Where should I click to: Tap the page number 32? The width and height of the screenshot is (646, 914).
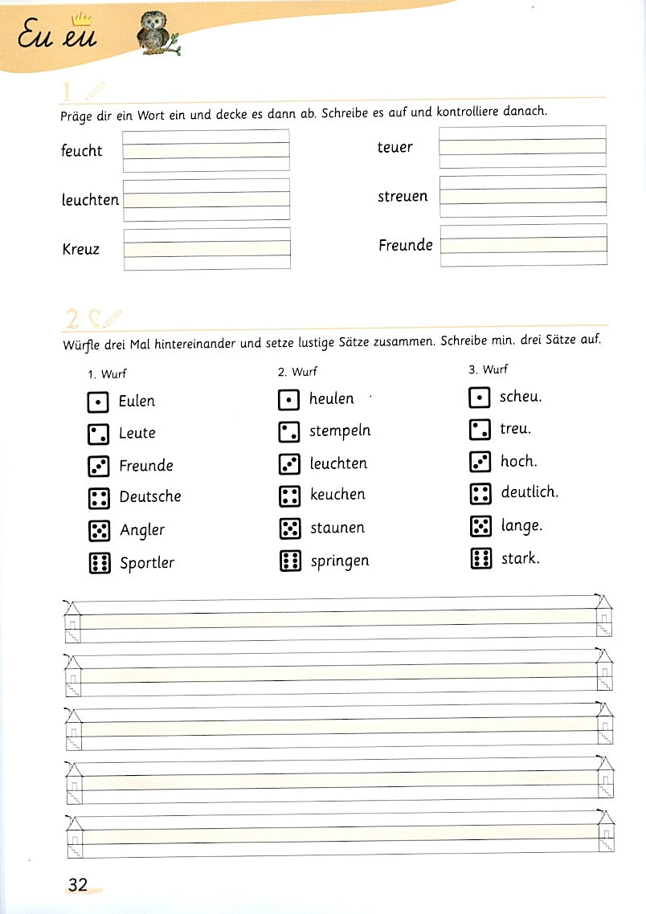coord(77,884)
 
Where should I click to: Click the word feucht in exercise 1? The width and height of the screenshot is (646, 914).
coord(81,150)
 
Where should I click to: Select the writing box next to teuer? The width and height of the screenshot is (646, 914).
coord(522,147)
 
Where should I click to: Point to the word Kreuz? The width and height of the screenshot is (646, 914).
coord(80,249)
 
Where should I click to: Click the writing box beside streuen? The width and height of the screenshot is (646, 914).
coord(522,196)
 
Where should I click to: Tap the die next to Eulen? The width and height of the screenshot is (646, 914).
coord(98,402)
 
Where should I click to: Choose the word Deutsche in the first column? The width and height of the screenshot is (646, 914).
coord(150,496)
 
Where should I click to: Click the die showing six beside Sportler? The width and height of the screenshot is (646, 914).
coord(99,563)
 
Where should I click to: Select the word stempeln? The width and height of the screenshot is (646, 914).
coord(340,431)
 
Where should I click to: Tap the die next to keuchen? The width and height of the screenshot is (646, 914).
coord(289,496)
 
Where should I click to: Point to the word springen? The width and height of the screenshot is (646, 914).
coord(340,561)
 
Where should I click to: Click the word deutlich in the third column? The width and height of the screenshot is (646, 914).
coord(529,492)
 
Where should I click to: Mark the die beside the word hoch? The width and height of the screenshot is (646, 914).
coord(480,462)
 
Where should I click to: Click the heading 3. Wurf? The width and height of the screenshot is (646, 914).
coord(488,369)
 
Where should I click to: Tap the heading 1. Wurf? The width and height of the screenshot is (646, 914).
coord(107,373)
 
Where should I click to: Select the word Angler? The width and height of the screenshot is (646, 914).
coord(142,530)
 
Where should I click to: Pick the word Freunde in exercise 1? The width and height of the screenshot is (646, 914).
coord(406,245)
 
